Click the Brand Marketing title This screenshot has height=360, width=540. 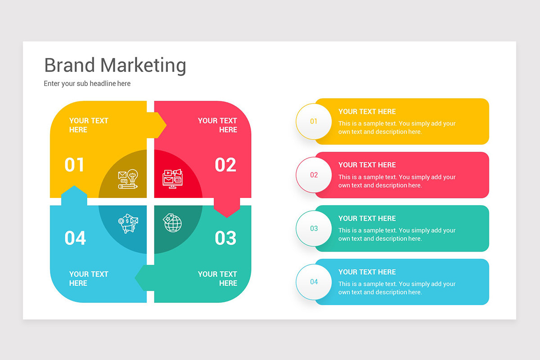tap(115, 65)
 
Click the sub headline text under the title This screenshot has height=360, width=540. tap(87, 83)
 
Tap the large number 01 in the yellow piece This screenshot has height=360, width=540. tap(74, 165)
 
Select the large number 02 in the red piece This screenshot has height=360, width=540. tap(225, 165)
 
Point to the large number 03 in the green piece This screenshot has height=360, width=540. tap(225, 238)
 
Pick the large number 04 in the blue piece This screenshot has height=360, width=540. tap(75, 238)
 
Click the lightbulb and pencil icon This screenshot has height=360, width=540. tap(128, 179)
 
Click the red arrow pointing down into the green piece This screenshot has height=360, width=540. tap(226, 209)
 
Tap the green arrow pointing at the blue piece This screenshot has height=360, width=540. tap(141, 278)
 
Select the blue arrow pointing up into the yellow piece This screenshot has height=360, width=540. tap(74, 193)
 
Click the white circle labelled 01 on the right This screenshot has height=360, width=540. tap(314, 121)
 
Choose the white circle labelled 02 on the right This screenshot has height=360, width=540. tap(314, 175)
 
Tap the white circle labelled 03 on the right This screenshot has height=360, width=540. tap(314, 228)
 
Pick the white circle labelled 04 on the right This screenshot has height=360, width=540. tap(314, 282)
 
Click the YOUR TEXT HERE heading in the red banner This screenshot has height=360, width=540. tap(367, 165)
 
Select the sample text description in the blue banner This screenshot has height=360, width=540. tap(397, 288)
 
